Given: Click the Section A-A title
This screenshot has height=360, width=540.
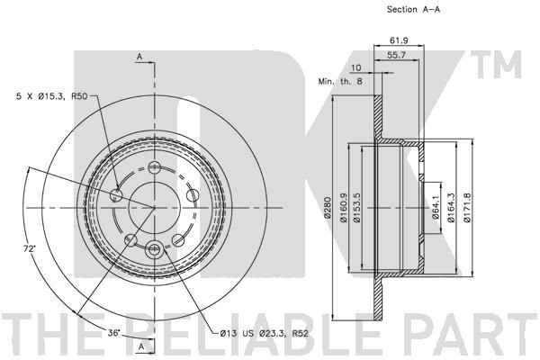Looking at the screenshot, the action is pyautogui.click(x=413, y=10).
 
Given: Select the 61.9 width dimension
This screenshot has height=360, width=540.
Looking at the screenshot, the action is pyautogui.click(x=399, y=40).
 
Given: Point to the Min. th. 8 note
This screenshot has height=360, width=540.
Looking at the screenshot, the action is pyautogui.click(x=340, y=82).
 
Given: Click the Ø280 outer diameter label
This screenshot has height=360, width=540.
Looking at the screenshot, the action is pyautogui.click(x=328, y=207).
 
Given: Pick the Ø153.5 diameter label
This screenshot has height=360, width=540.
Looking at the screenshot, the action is pyautogui.click(x=356, y=208).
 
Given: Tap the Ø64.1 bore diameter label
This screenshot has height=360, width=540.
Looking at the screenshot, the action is pyautogui.click(x=436, y=207).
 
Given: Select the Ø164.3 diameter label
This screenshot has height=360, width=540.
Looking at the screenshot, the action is pyautogui.click(x=452, y=208).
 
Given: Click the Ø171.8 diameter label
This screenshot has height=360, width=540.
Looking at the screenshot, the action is pyautogui.click(x=467, y=208).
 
